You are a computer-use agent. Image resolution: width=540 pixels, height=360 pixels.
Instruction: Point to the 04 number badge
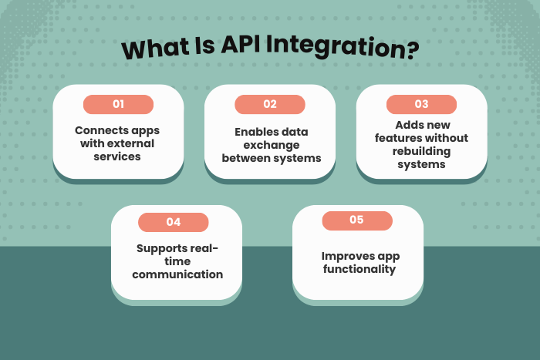pos(174,222)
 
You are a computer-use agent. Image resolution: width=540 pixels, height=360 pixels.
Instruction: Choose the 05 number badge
pos(356,220)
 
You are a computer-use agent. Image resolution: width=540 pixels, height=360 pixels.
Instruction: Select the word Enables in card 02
pos(252,132)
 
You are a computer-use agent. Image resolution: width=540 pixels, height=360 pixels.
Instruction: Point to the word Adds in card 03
pos(409,125)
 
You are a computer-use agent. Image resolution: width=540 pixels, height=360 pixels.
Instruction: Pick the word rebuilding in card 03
pos(421,151)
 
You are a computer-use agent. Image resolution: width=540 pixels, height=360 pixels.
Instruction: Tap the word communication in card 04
pos(177,274)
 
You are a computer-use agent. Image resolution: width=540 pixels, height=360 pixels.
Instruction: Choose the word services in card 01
pos(118,156)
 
